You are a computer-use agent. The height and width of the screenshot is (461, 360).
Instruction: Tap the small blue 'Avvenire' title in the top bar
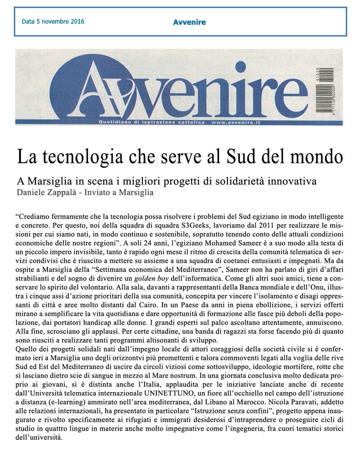pyautogui.click(x=189, y=22)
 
